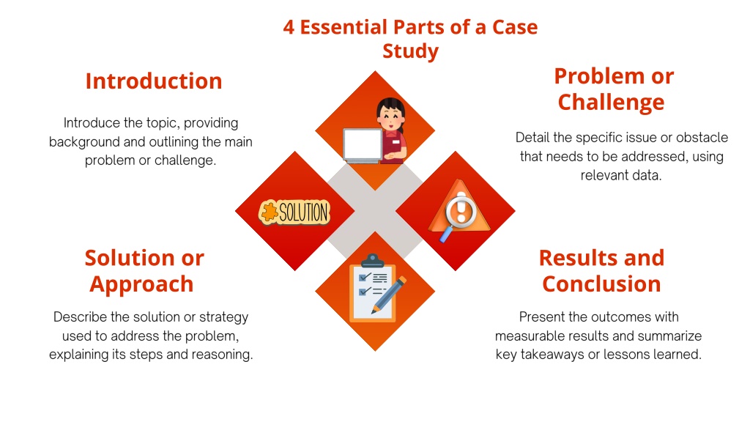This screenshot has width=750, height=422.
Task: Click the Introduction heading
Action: [x=154, y=81]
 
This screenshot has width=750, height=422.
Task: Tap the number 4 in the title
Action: [x=289, y=27]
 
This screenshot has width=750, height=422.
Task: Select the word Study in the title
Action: [x=410, y=51]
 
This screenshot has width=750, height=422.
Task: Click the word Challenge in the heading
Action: [x=612, y=103]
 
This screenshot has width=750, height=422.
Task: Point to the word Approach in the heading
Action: [x=141, y=285]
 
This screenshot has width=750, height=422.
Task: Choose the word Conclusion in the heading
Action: [x=602, y=284]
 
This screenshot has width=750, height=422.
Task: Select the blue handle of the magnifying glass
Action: [x=446, y=234]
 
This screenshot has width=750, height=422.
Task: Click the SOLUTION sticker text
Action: [x=304, y=212]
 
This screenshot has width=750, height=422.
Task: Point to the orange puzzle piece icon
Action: [x=269, y=212]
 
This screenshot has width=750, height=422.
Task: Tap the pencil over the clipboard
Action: [x=388, y=295]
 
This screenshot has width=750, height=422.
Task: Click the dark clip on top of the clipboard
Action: [x=373, y=261]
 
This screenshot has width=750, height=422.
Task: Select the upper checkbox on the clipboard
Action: [x=364, y=277]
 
